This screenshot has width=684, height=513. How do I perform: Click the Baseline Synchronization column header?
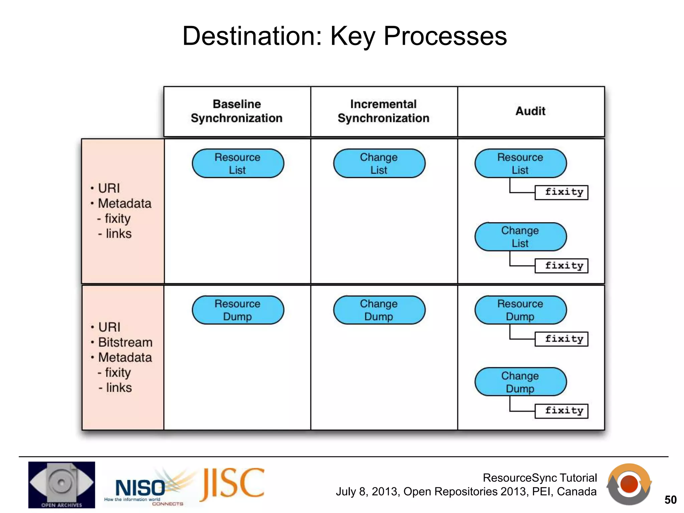point(237,111)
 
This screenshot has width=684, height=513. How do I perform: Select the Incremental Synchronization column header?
point(383,111)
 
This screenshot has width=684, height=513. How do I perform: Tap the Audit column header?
point(530,111)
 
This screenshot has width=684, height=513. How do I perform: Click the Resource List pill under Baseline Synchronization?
point(237,163)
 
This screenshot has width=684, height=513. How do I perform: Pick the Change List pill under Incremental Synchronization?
point(379,163)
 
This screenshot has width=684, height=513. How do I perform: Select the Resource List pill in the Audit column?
point(520,163)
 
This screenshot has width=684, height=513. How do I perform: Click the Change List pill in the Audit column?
point(520,237)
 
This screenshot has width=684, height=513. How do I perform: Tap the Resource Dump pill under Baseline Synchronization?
point(237,310)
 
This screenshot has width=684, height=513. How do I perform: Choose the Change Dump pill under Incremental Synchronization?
point(379,310)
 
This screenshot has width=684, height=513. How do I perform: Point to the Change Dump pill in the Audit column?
point(520,382)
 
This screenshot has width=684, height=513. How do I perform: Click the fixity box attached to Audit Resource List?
point(561,192)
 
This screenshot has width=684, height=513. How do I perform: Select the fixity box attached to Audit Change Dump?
point(561,411)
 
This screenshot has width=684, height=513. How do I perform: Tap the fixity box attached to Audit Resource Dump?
point(561,339)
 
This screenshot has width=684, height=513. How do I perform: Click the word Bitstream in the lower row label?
point(125,342)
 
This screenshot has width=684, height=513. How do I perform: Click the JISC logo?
point(232,484)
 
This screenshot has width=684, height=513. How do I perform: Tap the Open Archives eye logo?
point(61,485)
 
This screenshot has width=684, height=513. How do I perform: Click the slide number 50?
point(670,500)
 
